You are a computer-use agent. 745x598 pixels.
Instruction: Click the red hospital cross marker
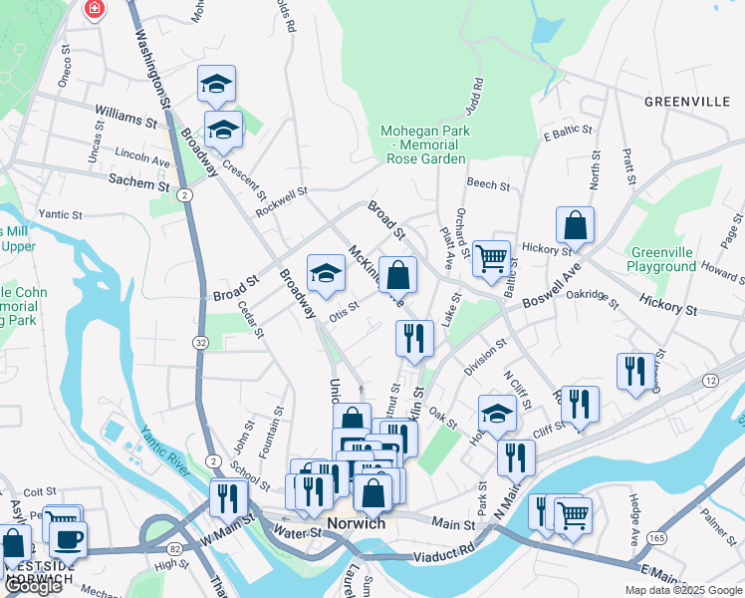(95, 10)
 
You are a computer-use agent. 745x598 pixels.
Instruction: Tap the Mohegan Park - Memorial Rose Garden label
(423, 145)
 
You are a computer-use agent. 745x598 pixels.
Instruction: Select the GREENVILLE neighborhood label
(688, 102)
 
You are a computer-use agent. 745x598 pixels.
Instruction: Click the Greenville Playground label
(661, 260)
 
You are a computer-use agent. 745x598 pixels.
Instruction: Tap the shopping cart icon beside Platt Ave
(491, 259)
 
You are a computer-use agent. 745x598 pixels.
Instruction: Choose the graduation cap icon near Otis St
(325, 273)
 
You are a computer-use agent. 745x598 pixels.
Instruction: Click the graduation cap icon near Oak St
(497, 413)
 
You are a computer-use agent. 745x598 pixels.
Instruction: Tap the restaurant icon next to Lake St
(413, 338)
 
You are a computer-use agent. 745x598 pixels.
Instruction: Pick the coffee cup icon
(68, 539)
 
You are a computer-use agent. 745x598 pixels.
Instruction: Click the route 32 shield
(200, 342)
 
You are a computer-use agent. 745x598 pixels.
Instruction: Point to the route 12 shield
(710, 381)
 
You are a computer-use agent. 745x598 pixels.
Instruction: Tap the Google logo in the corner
(33, 586)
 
